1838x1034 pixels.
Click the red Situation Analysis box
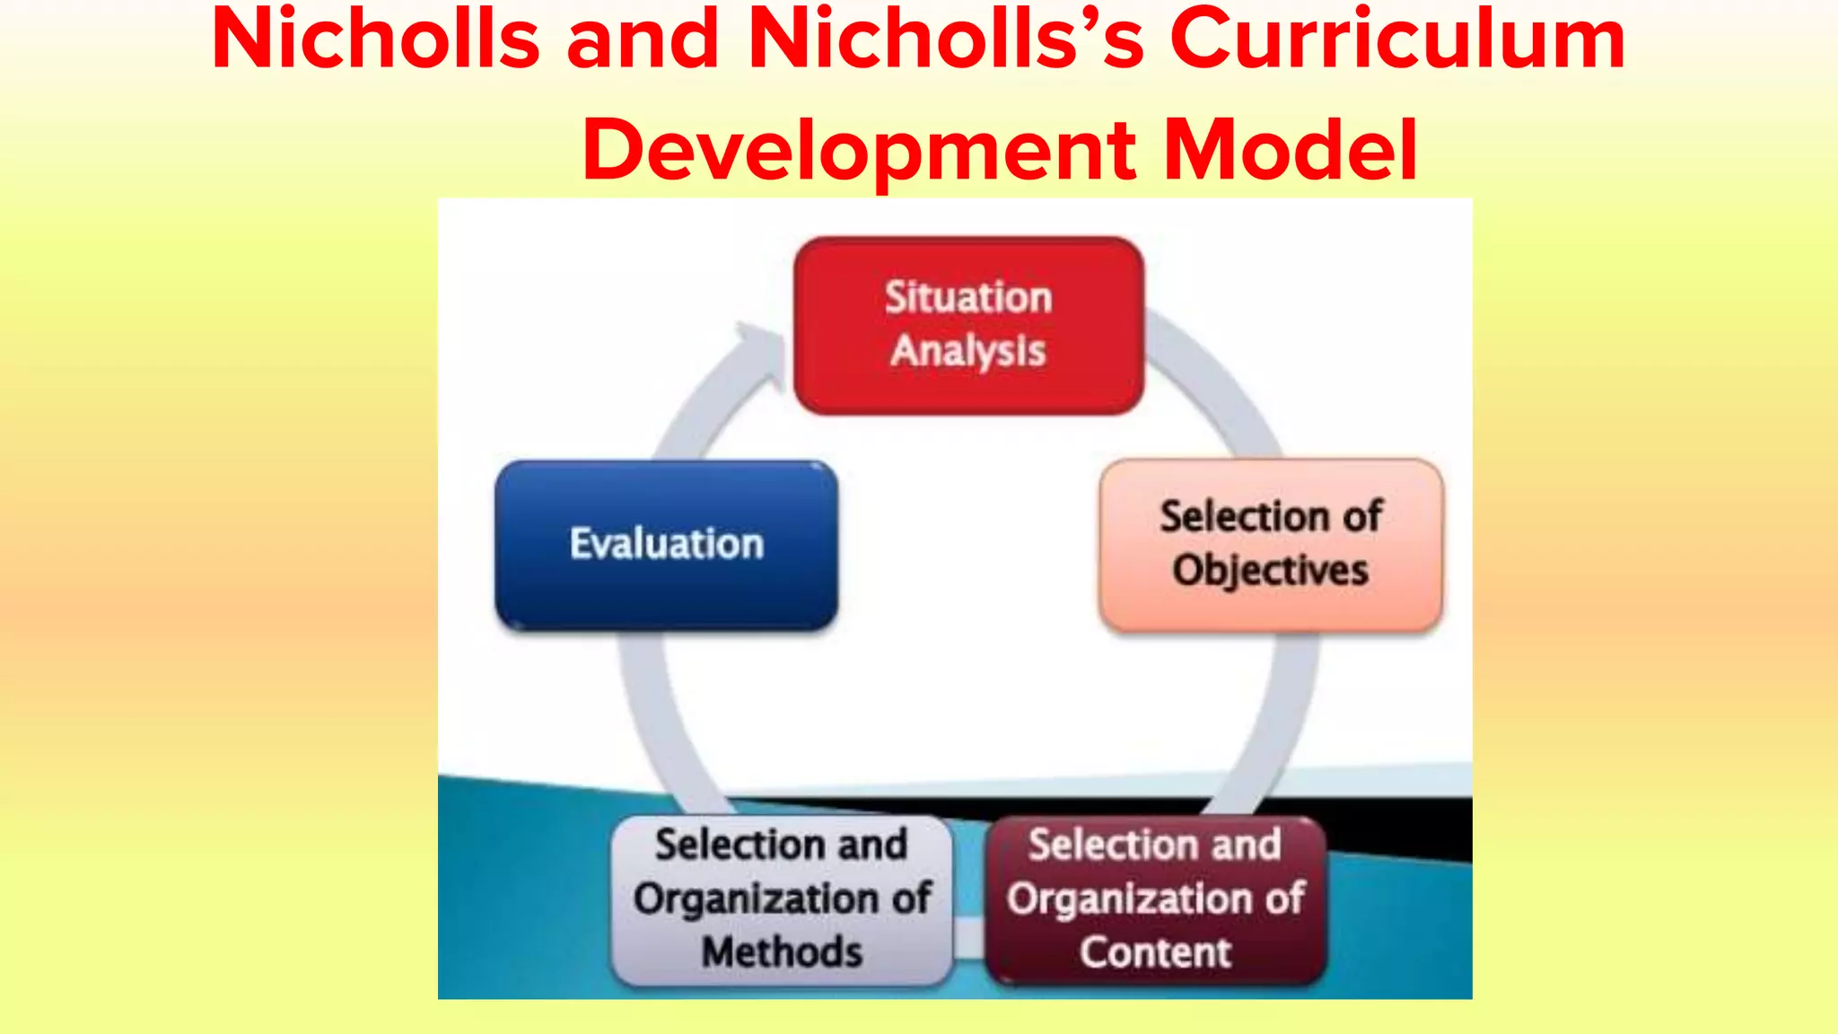[968, 325]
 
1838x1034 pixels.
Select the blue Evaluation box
[666, 544]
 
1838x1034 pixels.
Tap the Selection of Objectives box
[1271, 544]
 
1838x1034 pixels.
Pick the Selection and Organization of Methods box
[781, 899]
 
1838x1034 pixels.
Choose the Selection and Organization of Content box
[1155, 899]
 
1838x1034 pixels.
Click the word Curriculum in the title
[1397, 40]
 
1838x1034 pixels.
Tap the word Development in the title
[858, 150]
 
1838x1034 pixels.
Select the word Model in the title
[1290, 150]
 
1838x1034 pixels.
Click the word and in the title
[643, 40]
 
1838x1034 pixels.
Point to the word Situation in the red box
[968, 298]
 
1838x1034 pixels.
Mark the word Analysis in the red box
[968, 351]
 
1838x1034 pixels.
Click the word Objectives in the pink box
[1271, 571]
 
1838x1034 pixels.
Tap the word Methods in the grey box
[782, 952]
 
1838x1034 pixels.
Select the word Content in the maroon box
[1156, 952]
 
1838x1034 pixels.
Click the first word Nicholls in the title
[375, 40]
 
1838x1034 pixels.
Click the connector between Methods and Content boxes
[969, 938]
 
